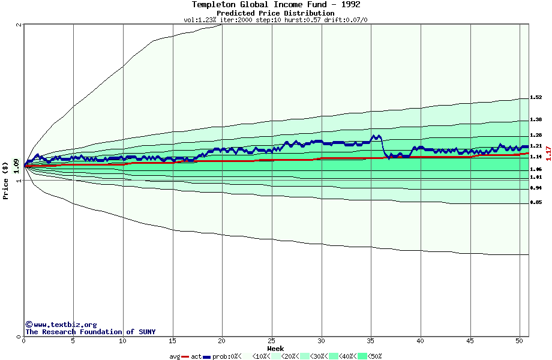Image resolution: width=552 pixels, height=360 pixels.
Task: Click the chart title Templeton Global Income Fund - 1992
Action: (x=276, y=5)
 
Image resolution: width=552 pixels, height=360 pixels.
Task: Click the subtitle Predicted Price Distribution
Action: (x=275, y=13)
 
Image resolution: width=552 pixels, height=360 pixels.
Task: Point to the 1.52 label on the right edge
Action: (x=536, y=97)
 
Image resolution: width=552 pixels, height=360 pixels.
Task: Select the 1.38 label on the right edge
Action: (x=536, y=119)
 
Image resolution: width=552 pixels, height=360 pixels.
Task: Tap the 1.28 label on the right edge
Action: (x=536, y=135)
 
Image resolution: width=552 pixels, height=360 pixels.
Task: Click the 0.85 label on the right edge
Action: (x=536, y=202)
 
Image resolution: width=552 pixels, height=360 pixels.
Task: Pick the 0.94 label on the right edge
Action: (x=536, y=188)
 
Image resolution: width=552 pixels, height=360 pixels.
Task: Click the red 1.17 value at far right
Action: (x=548, y=153)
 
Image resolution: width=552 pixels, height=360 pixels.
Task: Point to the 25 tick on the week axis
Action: (x=272, y=341)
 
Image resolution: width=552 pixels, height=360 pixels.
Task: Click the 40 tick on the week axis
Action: (x=421, y=341)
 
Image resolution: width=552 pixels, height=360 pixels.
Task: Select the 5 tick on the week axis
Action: (x=73, y=341)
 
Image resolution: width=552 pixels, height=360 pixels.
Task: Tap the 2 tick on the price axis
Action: (x=20, y=25)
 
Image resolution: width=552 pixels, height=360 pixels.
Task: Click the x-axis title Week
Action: (x=275, y=349)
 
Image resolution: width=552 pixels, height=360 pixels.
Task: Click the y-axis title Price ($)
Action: (x=5, y=180)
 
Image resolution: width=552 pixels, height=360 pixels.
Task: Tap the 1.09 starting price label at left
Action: (x=16, y=163)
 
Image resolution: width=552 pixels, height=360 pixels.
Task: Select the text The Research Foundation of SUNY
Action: (x=90, y=332)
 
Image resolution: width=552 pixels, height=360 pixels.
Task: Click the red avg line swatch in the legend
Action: (x=185, y=356)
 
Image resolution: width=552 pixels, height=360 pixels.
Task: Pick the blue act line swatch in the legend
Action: (x=207, y=356)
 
